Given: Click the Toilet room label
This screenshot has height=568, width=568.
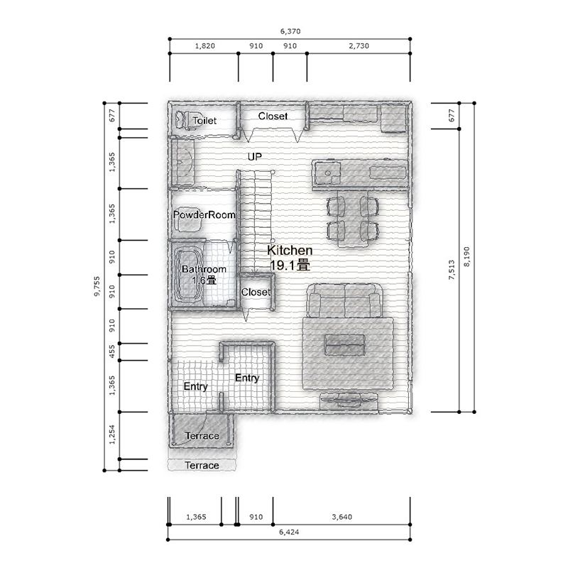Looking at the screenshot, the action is (204, 121).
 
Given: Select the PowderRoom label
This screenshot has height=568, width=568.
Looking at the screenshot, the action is (204, 215).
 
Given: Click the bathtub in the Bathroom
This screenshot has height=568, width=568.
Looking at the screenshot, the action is (187, 273).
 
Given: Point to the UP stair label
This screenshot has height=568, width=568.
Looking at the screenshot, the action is (255, 157).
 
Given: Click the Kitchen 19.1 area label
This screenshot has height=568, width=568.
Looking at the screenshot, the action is (290, 258).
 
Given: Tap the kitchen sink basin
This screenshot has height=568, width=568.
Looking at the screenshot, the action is (328, 173).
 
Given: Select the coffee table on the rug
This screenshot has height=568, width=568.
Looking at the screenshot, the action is (344, 344).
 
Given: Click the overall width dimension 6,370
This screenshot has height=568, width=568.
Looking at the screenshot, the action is (290, 31).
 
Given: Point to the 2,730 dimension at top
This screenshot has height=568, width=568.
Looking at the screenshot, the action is (359, 46).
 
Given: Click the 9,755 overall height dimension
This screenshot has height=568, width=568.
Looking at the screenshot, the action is (97, 287).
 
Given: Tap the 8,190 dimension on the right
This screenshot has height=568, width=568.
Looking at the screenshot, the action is (466, 257).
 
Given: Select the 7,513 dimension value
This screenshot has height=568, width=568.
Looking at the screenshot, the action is (452, 270).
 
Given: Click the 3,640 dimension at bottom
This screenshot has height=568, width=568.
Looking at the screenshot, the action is (342, 517).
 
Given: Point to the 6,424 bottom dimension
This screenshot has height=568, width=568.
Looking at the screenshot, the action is (289, 532).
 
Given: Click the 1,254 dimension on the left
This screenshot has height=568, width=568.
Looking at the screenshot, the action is (112, 435).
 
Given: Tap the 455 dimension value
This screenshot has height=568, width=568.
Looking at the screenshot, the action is (112, 351).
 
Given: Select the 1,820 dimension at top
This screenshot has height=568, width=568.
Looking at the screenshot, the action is (205, 46).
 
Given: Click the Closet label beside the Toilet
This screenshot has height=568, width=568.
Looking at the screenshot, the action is (273, 116).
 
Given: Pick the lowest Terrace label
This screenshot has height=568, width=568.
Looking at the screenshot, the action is (202, 466).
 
